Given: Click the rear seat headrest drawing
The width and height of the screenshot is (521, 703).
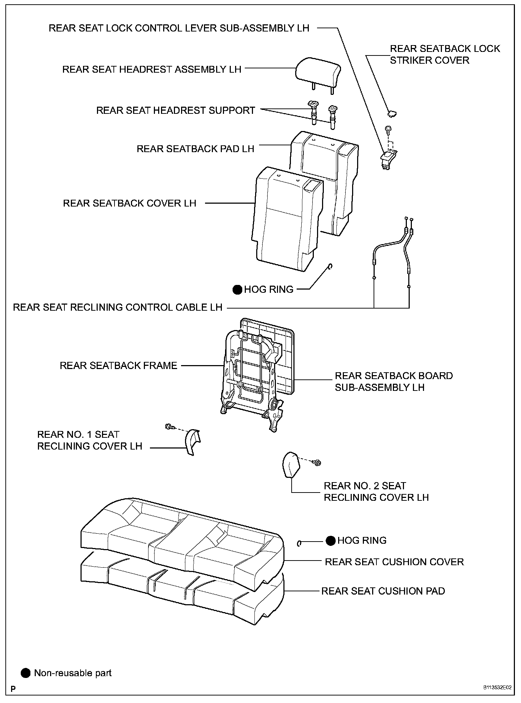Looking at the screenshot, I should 318,73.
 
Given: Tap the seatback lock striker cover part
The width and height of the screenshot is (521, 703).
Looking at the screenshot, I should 392,113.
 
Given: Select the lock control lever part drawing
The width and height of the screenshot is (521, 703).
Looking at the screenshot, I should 388,159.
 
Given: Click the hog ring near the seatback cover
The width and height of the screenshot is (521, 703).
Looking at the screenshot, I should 331,267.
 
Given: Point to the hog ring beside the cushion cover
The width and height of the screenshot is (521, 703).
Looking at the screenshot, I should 299,543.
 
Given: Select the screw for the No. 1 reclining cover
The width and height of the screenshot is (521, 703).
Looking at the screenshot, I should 169,427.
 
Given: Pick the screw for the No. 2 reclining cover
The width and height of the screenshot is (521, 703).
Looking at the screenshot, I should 317,463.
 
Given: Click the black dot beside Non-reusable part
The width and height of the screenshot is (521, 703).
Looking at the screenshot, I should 25,673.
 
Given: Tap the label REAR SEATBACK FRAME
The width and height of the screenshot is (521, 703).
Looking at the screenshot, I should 118,365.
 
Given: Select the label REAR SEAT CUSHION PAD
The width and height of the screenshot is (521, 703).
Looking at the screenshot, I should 383,591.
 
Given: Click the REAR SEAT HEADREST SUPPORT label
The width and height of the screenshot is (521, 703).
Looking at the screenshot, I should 175,110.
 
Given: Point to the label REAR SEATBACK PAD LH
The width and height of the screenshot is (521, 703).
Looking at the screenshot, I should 195,149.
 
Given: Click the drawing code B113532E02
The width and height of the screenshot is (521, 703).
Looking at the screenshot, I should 497,688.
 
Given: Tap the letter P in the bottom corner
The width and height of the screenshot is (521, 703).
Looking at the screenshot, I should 13,689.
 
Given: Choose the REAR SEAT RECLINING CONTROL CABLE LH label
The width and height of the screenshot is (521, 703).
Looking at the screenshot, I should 118,307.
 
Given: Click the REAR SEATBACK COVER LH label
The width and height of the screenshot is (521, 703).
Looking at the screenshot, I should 130,203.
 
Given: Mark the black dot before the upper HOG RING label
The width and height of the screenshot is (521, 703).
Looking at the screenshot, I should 237,290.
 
